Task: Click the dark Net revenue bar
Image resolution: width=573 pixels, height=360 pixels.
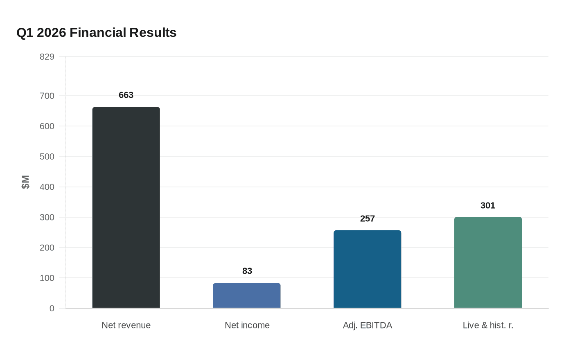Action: click(126, 207)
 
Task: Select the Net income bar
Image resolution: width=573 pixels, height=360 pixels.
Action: click(247, 295)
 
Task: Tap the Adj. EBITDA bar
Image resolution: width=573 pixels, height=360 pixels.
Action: click(368, 269)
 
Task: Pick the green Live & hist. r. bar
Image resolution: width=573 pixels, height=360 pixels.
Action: click(488, 262)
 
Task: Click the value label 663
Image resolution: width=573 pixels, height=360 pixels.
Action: click(126, 95)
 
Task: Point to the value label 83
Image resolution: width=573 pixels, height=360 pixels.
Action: click(247, 271)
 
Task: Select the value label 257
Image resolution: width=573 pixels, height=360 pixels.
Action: click(368, 219)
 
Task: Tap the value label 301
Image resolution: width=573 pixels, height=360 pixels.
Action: click(488, 206)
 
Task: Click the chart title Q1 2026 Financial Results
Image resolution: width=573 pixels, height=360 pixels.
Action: click(97, 33)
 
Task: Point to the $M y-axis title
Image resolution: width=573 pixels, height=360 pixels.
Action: click(25, 182)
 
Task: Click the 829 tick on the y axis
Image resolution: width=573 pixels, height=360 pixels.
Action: click(47, 57)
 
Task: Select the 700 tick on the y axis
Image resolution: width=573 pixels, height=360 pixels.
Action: click(47, 96)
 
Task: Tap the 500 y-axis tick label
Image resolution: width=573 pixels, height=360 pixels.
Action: click(47, 157)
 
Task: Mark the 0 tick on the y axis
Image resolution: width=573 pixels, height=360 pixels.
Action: click(52, 308)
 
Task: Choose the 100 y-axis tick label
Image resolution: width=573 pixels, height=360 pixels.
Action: click(47, 278)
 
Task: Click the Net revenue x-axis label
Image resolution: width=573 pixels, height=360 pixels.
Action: click(126, 325)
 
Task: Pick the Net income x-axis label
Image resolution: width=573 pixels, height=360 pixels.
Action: click(247, 325)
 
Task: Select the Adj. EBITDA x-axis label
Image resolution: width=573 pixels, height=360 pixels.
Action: click(368, 325)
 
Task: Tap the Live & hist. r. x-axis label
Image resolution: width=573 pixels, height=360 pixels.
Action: click(488, 325)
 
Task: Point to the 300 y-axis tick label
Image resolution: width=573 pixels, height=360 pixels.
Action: click(47, 218)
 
